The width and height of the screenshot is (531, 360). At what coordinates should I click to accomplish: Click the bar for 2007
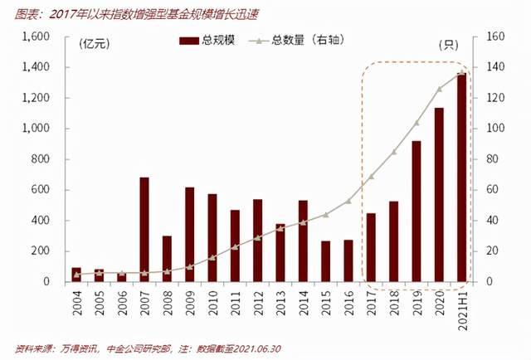[x=144, y=230]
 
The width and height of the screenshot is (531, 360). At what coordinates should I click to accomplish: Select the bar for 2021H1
[x=461, y=178]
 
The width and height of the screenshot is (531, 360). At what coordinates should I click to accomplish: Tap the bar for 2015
[x=326, y=261]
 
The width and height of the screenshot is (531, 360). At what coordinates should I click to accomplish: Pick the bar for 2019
[x=417, y=212]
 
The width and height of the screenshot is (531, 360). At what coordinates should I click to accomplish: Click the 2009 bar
[x=190, y=235]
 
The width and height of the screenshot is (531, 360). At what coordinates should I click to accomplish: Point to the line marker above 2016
[x=348, y=202]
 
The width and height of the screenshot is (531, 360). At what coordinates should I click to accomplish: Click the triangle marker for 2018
[x=394, y=152]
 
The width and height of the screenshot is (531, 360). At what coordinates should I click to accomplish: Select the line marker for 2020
[x=439, y=89]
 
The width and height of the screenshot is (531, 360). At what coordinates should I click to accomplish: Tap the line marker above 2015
[x=326, y=215]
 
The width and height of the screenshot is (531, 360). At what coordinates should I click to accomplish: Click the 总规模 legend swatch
[x=189, y=41]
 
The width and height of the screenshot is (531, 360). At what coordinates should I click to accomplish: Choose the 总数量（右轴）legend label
[x=308, y=41]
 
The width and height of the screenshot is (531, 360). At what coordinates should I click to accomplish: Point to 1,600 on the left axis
[x=36, y=36]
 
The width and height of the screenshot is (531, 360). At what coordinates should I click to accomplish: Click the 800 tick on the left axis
[x=41, y=158]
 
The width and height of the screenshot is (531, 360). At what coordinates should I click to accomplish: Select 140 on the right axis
[x=495, y=67]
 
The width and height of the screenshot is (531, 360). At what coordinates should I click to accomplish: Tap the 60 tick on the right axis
[x=492, y=190]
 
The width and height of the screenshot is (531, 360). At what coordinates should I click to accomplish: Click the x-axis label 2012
[x=258, y=303]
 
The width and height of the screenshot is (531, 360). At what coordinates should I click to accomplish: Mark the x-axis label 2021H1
[x=463, y=310]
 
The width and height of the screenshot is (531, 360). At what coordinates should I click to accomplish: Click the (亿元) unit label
[x=94, y=44]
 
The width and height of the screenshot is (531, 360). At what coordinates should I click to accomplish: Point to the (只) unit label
[x=448, y=45]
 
